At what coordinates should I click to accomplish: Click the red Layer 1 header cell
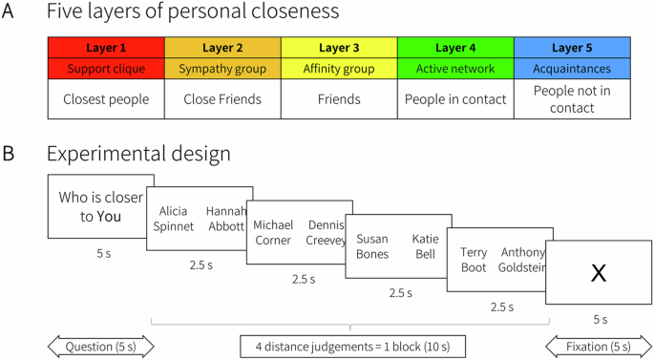coord(106,48)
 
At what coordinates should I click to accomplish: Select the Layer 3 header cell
coord(339,48)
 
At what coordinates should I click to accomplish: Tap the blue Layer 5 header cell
coord(572,48)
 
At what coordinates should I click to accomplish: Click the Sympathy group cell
coord(222,68)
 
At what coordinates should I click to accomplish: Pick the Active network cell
coord(455,68)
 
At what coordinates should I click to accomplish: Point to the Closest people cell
coord(106,98)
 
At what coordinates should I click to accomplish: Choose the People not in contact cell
coord(572,98)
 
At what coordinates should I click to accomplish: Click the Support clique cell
coord(106,68)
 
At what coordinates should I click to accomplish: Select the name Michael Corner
coord(273,232)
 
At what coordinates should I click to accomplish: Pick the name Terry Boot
coord(474,260)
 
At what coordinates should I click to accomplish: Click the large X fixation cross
coord(599,273)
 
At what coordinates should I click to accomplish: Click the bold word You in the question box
coord(110,216)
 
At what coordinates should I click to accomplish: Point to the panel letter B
coord(10,153)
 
